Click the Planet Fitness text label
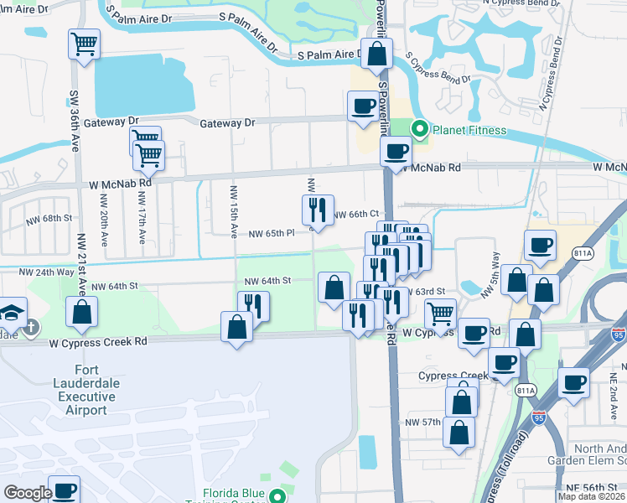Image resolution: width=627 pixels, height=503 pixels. point(469,130)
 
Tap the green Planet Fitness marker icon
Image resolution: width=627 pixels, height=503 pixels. point(420,129)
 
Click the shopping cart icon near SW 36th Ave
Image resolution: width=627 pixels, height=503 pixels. point(84,44)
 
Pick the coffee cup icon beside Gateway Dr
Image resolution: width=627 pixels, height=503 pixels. point(363,106)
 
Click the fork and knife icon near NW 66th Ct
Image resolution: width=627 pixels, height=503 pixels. point(318,210)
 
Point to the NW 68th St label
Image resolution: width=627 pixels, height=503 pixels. point(49,218)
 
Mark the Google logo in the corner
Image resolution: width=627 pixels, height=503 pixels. point(28,492)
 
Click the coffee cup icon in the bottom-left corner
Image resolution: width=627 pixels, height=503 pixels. point(64,490)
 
